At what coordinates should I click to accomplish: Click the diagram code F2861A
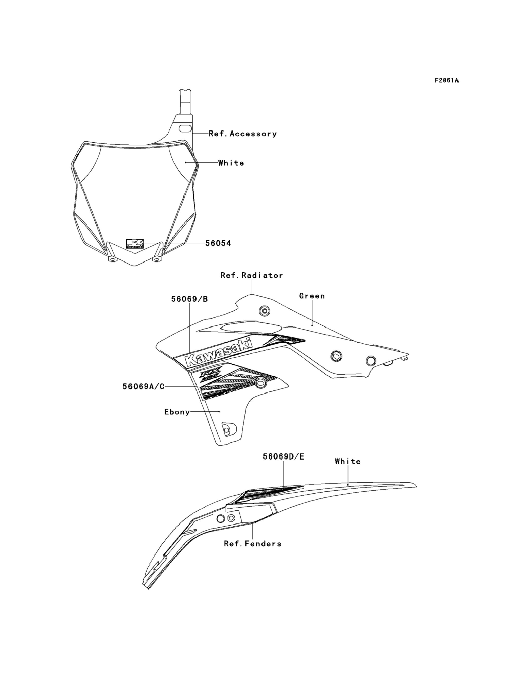click(x=446, y=80)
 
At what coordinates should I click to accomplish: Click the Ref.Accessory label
click(x=242, y=134)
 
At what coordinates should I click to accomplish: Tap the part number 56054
click(x=218, y=243)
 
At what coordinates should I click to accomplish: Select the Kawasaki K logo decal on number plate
click(x=134, y=244)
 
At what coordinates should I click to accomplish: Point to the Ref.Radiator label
click(x=252, y=275)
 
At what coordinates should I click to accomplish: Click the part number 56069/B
click(x=189, y=299)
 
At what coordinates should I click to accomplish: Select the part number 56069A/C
click(x=143, y=387)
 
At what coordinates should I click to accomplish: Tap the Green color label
click(x=312, y=296)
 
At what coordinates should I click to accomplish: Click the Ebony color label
click(x=177, y=412)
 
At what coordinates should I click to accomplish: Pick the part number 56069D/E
click(x=283, y=457)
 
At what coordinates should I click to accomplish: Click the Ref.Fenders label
click(x=252, y=544)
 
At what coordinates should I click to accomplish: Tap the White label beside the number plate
click(x=231, y=163)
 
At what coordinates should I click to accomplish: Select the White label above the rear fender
click(x=348, y=461)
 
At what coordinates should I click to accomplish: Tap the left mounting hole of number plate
click(x=112, y=259)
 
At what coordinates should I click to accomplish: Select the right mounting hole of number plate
click(x=156, y=259)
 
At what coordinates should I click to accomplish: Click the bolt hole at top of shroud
click(x=264, y=311)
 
